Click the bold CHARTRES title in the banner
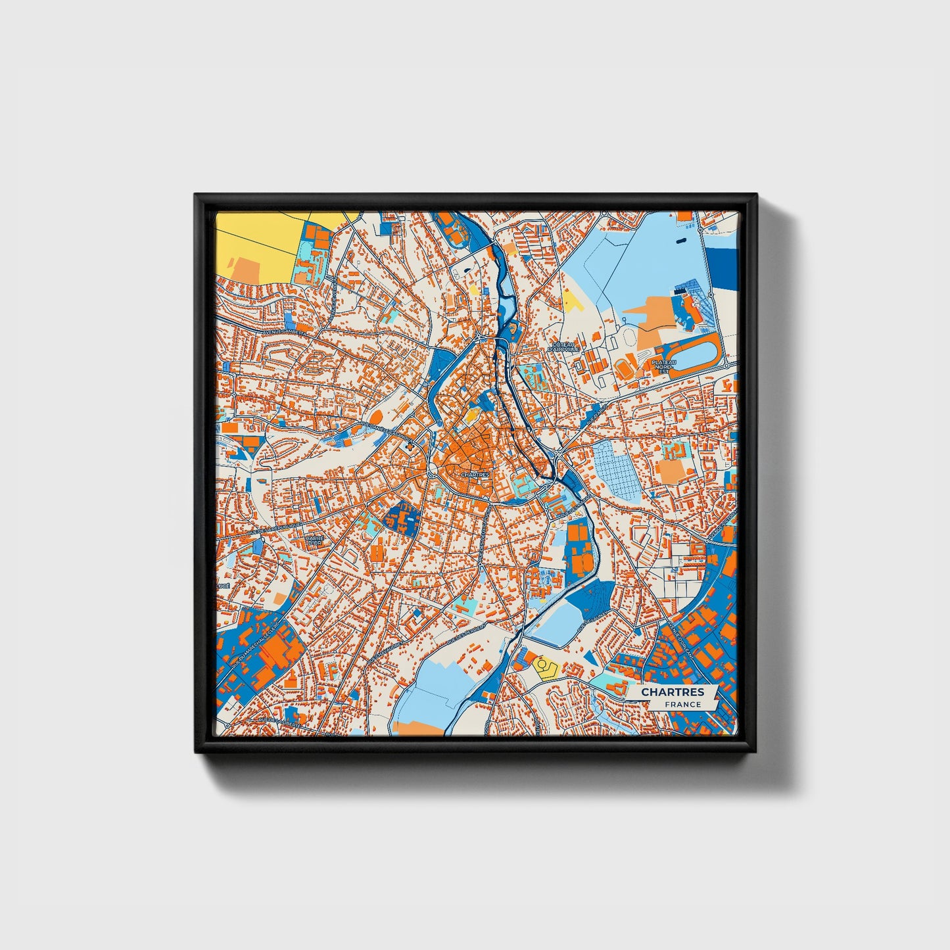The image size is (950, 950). tap(673, 692)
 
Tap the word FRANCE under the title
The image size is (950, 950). tap(682, 704)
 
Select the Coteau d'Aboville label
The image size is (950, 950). tap(566, 346)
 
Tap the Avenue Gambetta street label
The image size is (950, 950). tap(285, 333)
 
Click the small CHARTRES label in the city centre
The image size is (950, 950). tap(475, 473)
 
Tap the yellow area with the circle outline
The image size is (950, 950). tap(545, 667)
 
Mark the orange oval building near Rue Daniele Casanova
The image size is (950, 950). tap(377, 416)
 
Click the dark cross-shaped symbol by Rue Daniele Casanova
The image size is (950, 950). tap(413, 446)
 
